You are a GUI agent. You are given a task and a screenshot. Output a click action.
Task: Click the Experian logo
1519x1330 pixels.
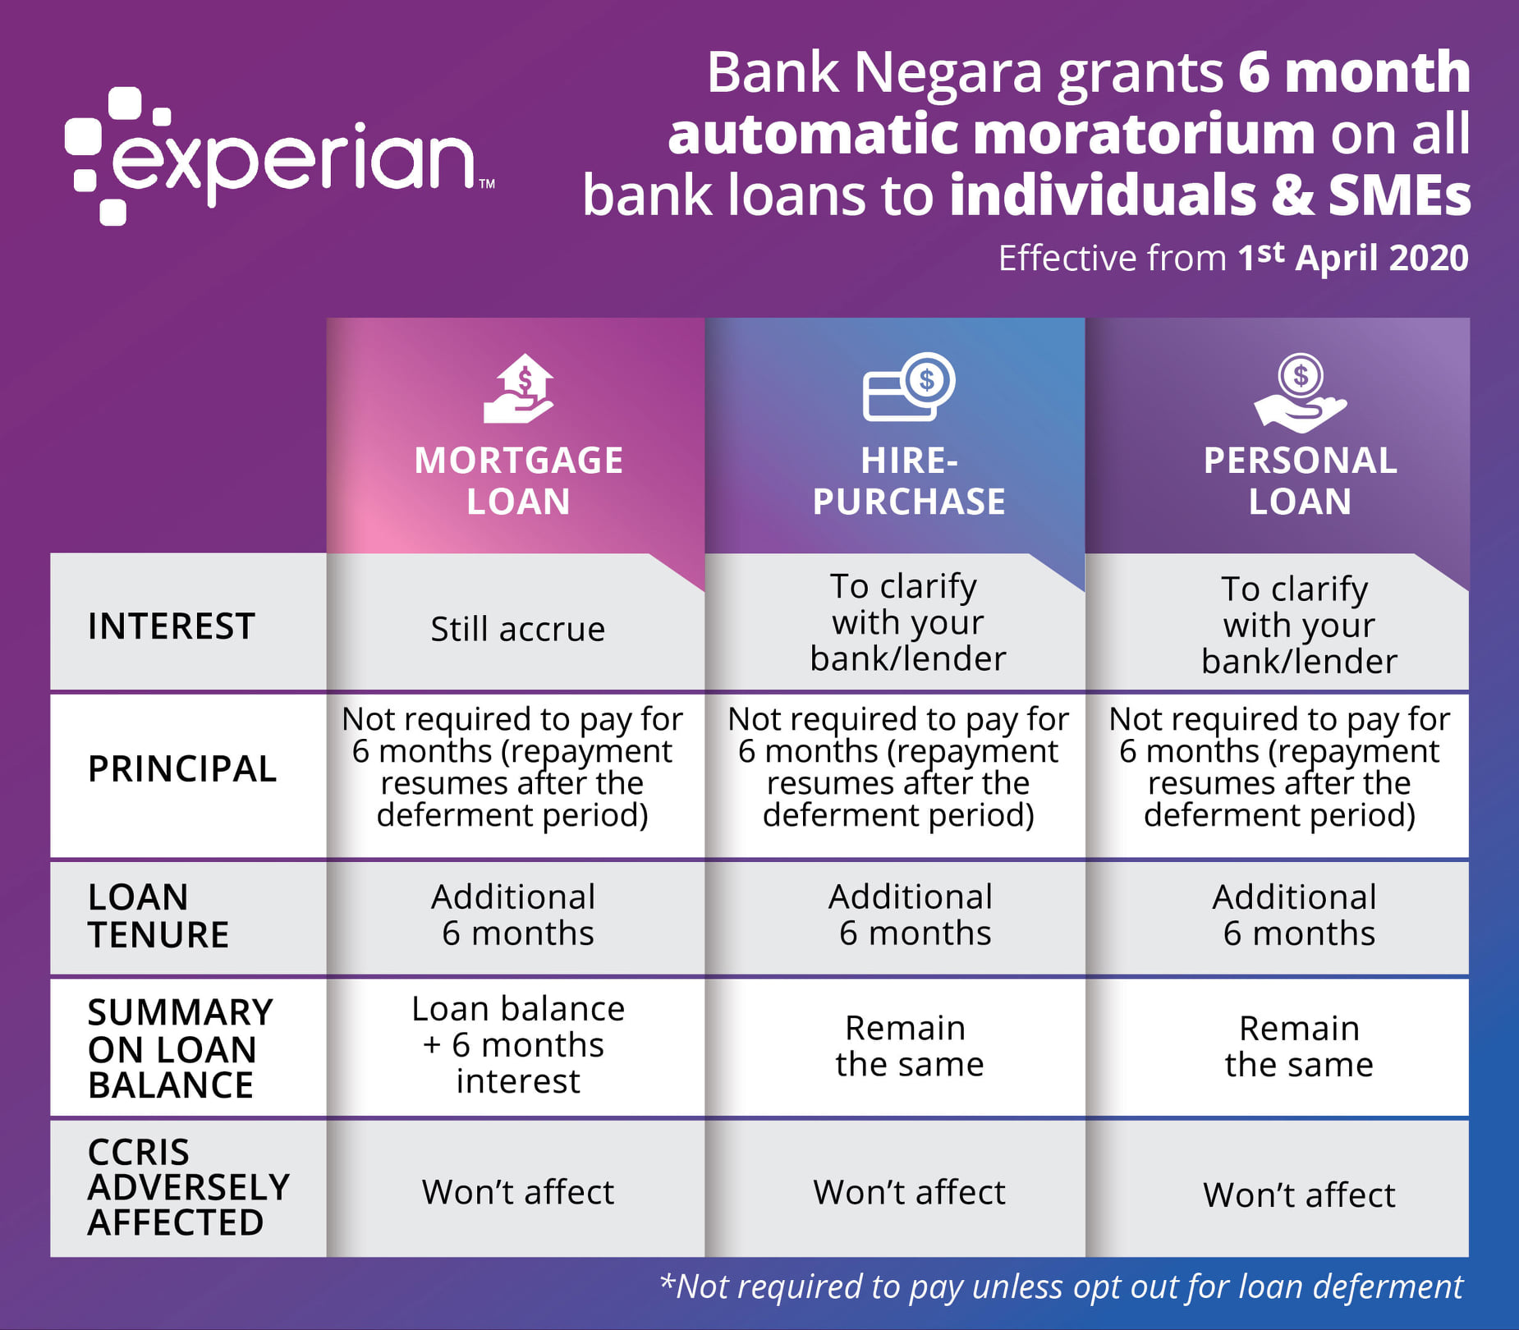(x=279, y=156)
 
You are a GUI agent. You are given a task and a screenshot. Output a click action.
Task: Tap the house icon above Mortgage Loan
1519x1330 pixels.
(x=518, y=388)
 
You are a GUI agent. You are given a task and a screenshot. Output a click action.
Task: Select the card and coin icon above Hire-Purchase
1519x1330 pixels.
(x=908, y=387)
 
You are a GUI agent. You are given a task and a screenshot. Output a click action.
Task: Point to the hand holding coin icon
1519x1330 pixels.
(x=1301, y=392)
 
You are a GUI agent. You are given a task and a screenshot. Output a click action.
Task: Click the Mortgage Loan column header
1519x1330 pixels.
(x=518, y=480)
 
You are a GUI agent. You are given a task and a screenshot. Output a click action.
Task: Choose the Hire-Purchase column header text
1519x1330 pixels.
(x=909, y=480)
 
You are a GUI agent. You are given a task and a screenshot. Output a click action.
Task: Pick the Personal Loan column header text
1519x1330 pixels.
(x=1301, y=480)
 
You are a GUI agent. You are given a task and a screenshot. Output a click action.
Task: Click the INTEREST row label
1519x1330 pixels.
(x=172, y=626)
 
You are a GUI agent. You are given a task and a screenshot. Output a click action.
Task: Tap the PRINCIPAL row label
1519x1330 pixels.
(x=182, y=769)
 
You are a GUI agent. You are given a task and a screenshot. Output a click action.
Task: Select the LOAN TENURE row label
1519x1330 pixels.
(x=158, y=916)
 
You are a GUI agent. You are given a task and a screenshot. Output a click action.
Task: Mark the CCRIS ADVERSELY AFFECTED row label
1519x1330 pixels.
(x=189, y=1187)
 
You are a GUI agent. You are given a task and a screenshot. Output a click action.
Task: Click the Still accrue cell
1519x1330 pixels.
(x=518, y=629)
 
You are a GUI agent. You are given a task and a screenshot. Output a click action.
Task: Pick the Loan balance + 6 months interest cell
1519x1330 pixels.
(x=518, y=1045)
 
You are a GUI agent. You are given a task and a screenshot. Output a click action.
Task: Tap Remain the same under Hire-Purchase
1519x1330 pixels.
(x=909, y=1046)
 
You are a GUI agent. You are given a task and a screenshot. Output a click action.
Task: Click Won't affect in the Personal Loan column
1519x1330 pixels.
(x=1300, y=1195)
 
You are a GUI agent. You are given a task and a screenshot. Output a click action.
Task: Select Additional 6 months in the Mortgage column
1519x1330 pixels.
(x=514, y=915)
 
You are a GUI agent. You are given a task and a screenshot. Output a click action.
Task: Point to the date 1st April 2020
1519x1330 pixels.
(x=1353, y=257)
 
